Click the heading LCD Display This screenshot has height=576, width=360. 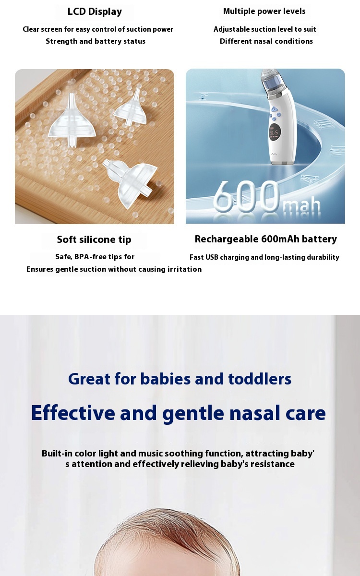(x=95, y=12)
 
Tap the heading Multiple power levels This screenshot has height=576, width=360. (x=264, y=12)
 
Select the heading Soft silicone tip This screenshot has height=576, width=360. (x=94, y=240)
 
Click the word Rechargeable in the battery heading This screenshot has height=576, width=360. (x=227, y=239)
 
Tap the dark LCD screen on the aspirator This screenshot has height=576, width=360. (x=275, y=132)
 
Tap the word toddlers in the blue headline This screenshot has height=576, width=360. (x=260, y=379)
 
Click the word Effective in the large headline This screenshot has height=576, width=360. (x=73, y=413)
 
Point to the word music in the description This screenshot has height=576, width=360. (x=150, y=453)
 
